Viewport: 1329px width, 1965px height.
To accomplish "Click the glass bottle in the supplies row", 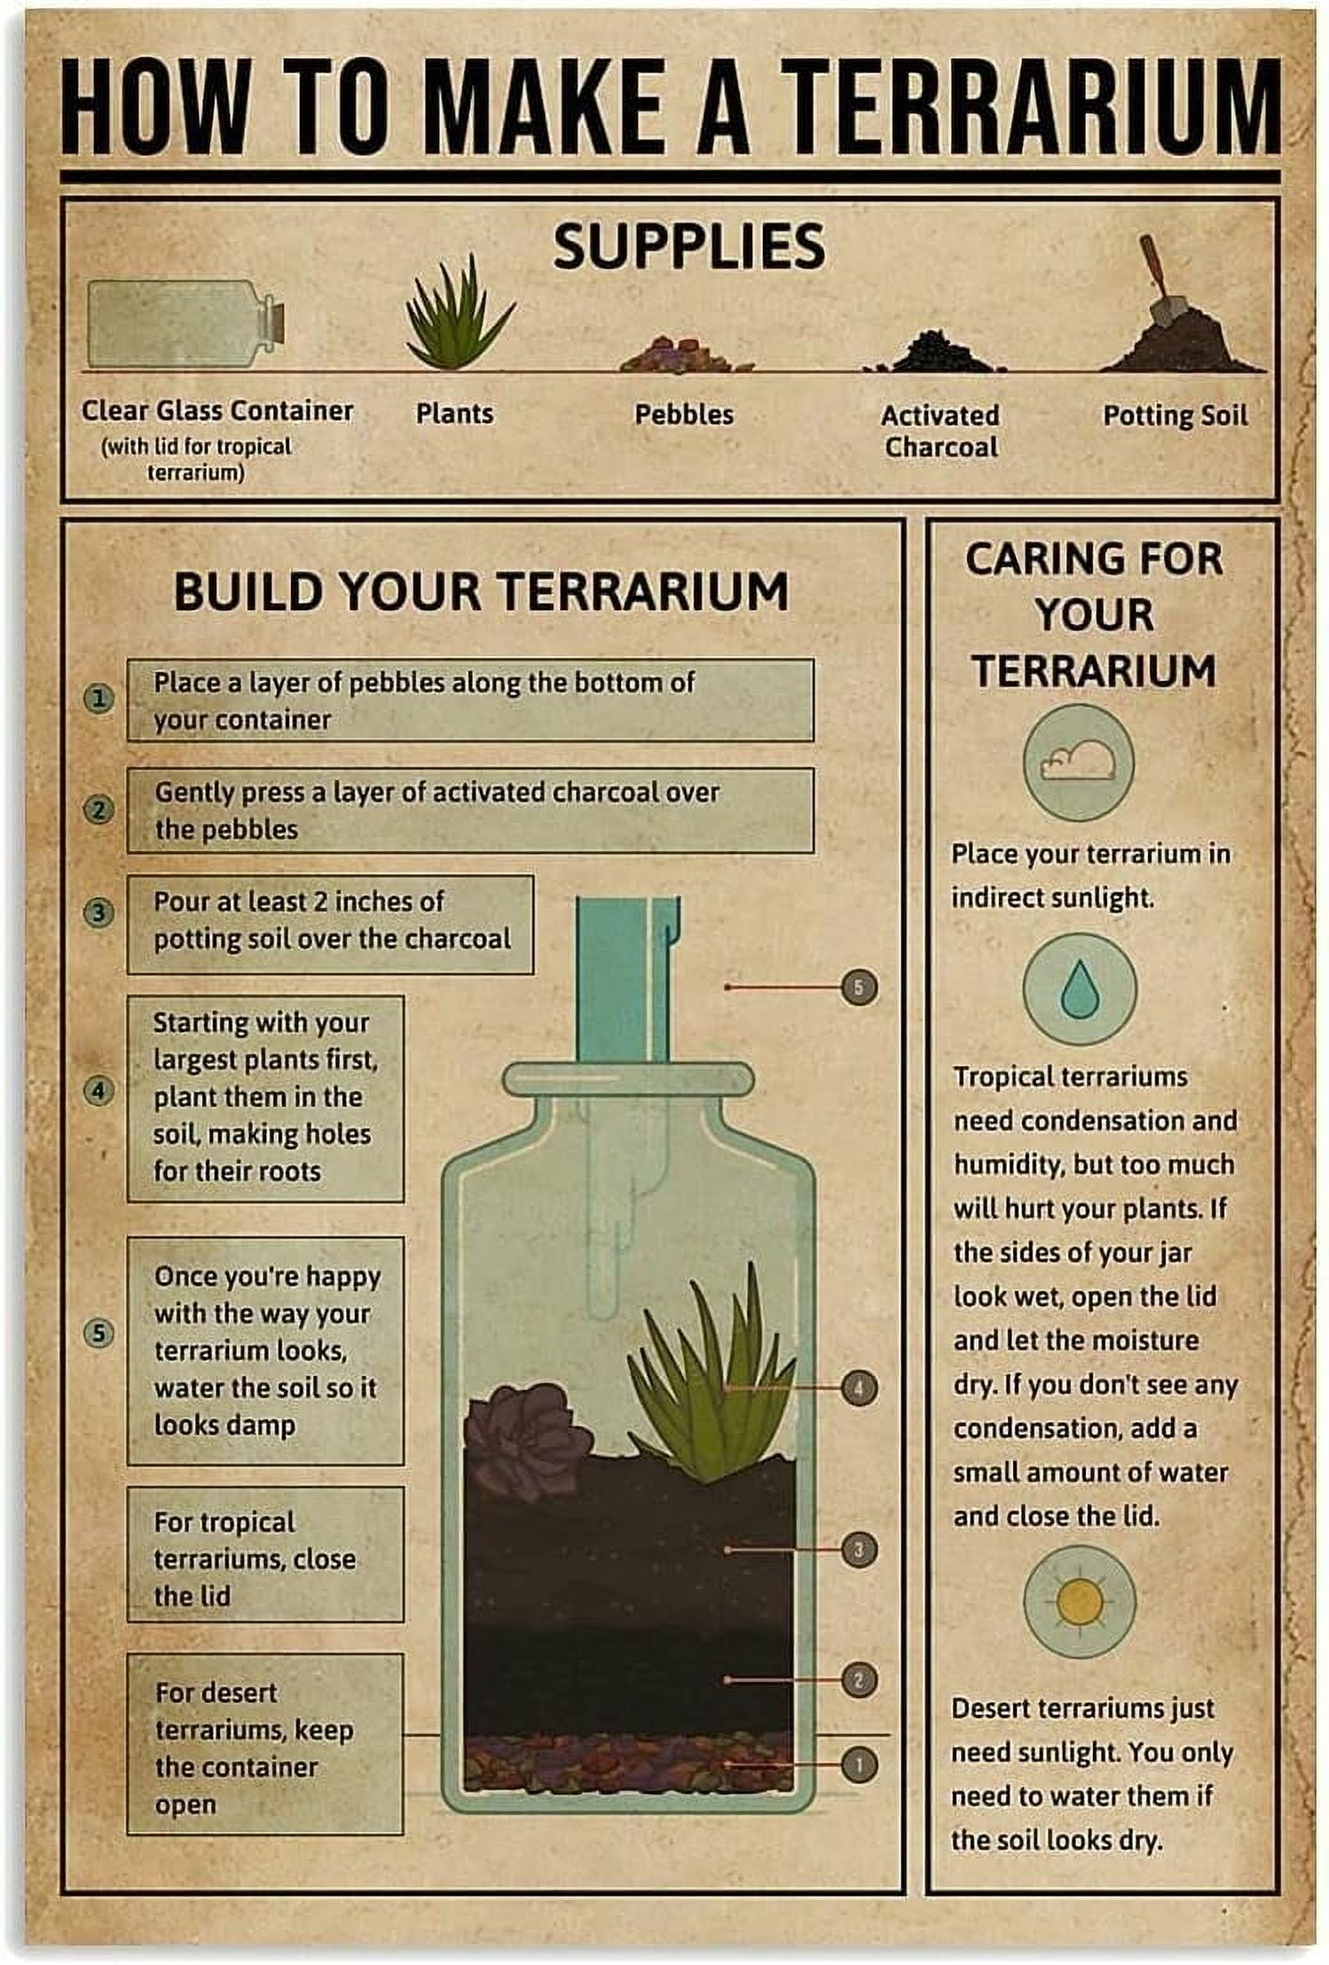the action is pos(186,324).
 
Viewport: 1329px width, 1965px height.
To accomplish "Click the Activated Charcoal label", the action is pos(940,431).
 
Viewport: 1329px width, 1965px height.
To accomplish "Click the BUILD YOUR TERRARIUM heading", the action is pos(481,591).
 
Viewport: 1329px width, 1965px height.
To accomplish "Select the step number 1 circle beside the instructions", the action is pos(99,699).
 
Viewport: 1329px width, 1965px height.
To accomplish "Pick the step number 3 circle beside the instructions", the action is pos(99,912).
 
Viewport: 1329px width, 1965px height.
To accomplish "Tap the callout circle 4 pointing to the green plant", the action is pos(859,1388).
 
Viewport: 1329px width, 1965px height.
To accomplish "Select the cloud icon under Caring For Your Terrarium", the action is pos(1078,762).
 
